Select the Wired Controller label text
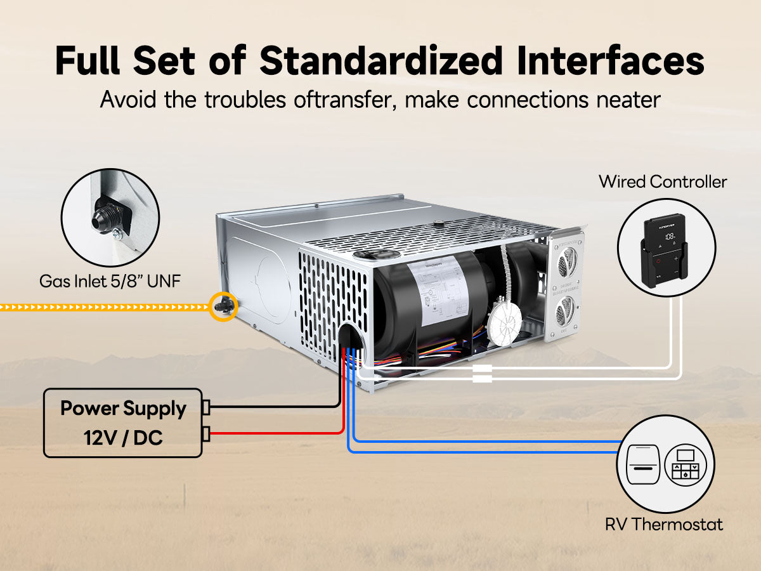click(x=663, y=182)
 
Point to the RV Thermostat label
click(x=663, y=525)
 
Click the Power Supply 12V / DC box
click(x=122, y=423)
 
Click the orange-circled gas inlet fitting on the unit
click(x=224, y=306)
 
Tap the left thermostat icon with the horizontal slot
click(x=643, y=465)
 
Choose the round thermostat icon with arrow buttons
click(x=685, y=465)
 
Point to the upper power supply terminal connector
click(x=205, y=407)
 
